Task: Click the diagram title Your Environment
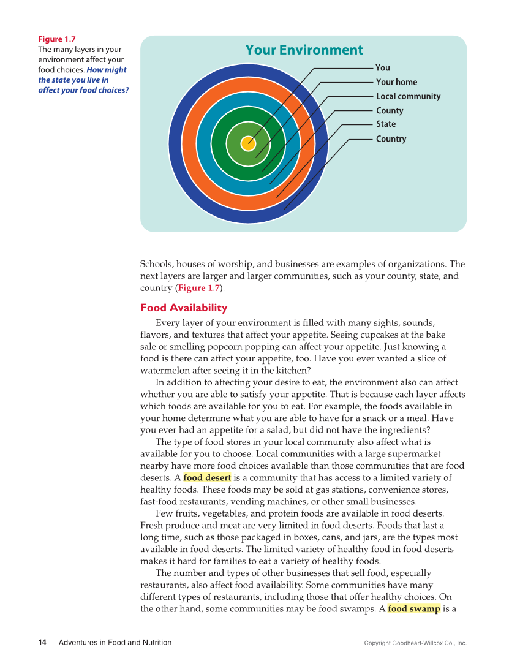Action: (304, 50)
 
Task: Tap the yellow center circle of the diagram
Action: (248, 143)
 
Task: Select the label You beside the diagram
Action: (383, 68)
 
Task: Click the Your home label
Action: (396, 82)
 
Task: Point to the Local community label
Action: (408, 96)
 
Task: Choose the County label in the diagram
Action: (390, 111)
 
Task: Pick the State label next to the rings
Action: (386, 124)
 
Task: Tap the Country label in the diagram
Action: (391, 139)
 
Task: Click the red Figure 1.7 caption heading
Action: (57, 39)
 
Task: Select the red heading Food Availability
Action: (184, 308)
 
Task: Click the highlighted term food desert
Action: (207, 478)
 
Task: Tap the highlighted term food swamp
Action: (413, 609)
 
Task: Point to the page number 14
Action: (42, 643)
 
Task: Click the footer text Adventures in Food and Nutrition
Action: (115, 643)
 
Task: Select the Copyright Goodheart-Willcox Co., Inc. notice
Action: (415, 643)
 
